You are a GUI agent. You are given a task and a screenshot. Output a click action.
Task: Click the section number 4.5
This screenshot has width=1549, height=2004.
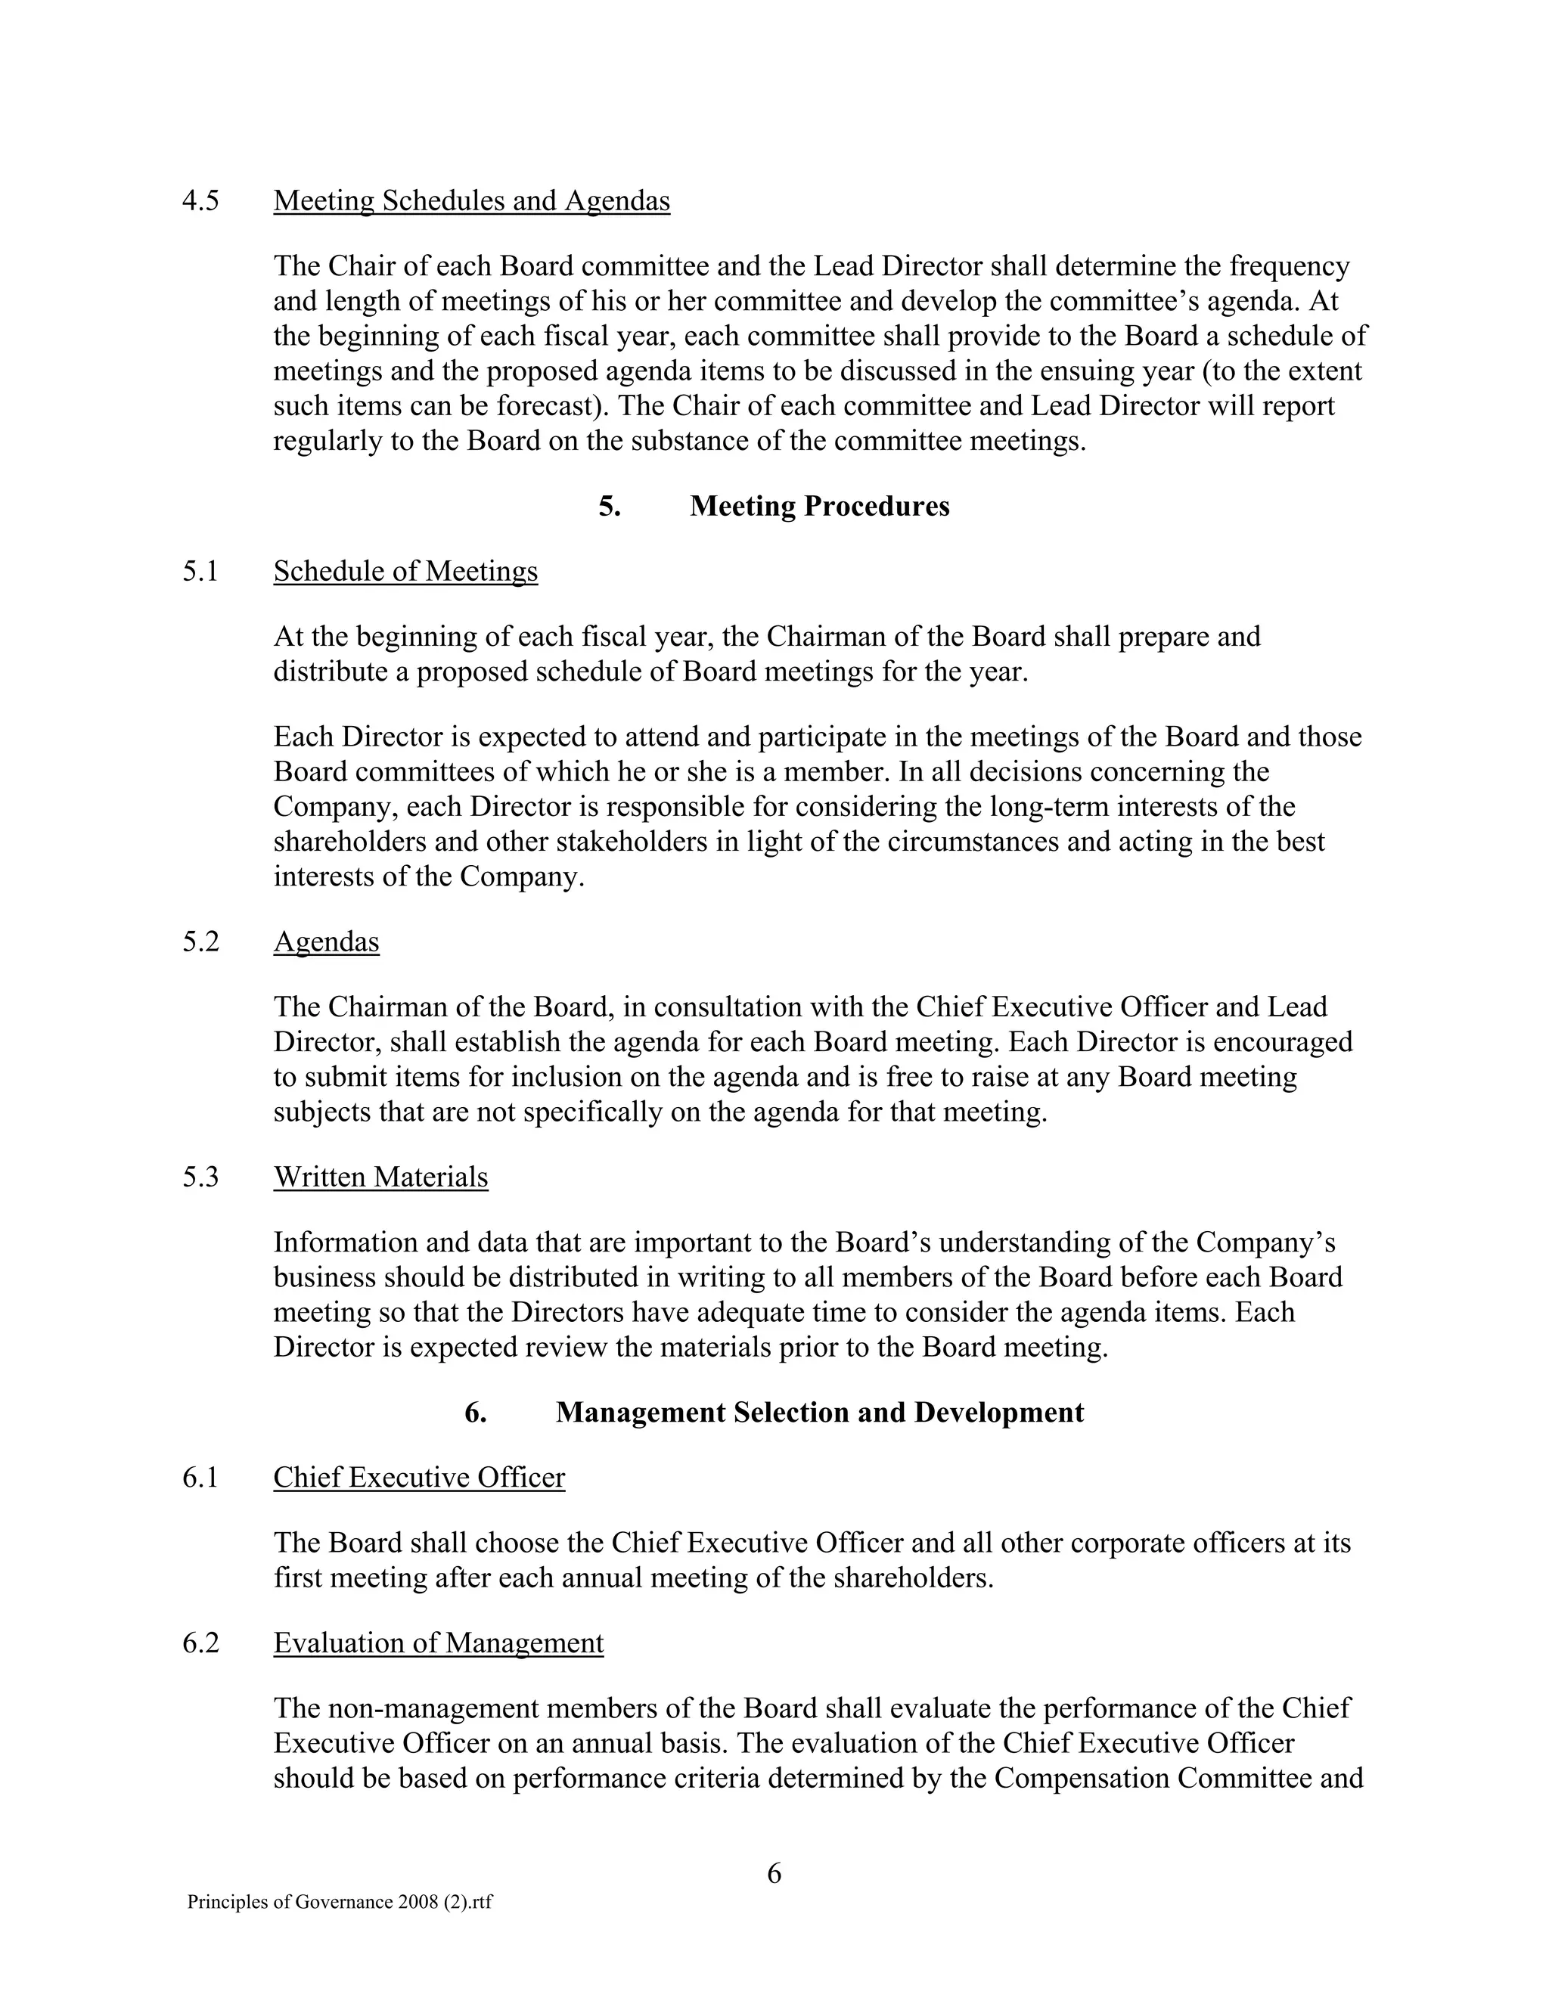click(x=200, y=201)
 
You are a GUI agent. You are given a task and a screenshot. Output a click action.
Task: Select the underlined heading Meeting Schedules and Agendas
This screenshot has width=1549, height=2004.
click(x=472, y=201)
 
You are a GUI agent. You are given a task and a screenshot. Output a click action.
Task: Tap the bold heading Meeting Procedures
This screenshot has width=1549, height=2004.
click(x=818, y=507)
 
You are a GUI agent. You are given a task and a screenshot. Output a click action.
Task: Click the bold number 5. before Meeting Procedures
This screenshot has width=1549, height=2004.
click(x=610, y=507)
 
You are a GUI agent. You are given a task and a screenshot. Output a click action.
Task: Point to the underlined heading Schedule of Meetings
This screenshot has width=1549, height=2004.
click(x=405, y=572)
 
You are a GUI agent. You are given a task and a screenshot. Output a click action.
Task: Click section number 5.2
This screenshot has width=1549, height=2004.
click(x=200, y=942)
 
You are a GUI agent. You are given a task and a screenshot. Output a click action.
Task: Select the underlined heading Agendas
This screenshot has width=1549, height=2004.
click(x=326, y=942)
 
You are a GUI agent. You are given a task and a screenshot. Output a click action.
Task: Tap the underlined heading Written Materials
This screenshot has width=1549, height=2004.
click(x=381, y=1177)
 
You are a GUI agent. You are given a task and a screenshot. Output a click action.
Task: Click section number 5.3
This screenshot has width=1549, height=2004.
click(x=200, y=1177)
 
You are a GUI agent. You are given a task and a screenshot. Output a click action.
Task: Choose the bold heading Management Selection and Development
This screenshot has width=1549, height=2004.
click(x=818, y=1412)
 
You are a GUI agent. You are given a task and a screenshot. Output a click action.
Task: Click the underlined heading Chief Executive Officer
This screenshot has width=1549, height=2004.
click(x=419, y=1478)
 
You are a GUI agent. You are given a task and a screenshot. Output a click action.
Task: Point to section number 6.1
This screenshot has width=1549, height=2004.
click(x=200, y=1478)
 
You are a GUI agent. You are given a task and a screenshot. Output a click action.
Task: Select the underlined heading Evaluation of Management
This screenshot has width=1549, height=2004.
click(x=439, y=1643)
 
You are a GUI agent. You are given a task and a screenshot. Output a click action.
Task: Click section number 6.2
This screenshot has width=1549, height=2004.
click(x=200, y=1643)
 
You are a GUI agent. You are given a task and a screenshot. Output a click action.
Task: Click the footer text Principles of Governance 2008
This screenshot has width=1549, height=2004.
click(x=340, y=1902)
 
